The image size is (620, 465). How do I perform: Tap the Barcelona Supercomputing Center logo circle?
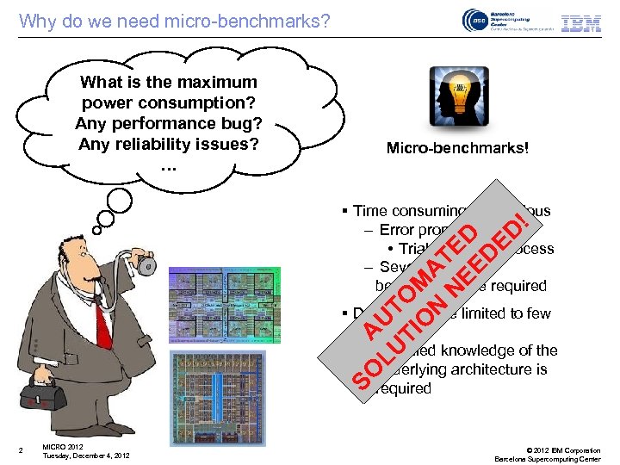tap(475, 22)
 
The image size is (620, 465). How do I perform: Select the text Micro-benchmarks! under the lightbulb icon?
tap(457, 149)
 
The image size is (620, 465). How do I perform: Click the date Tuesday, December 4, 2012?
tap(86, 456)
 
